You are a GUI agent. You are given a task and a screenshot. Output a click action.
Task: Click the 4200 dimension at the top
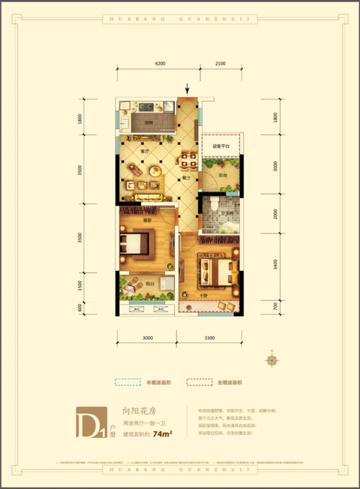click(159, 64)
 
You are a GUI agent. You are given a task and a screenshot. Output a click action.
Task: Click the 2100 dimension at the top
click(220, 64)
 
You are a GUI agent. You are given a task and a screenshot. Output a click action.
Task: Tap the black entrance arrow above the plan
click(188, 89)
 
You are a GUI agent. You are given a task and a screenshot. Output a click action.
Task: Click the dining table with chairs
click(186, 160)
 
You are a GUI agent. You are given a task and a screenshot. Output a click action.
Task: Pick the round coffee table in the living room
click(154, 171)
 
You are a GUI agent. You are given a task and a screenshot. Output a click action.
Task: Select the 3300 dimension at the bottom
click(210, 337)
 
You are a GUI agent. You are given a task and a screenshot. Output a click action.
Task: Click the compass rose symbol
click(273, 360)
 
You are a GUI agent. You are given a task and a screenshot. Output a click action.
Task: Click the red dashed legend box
click(199, 382)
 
